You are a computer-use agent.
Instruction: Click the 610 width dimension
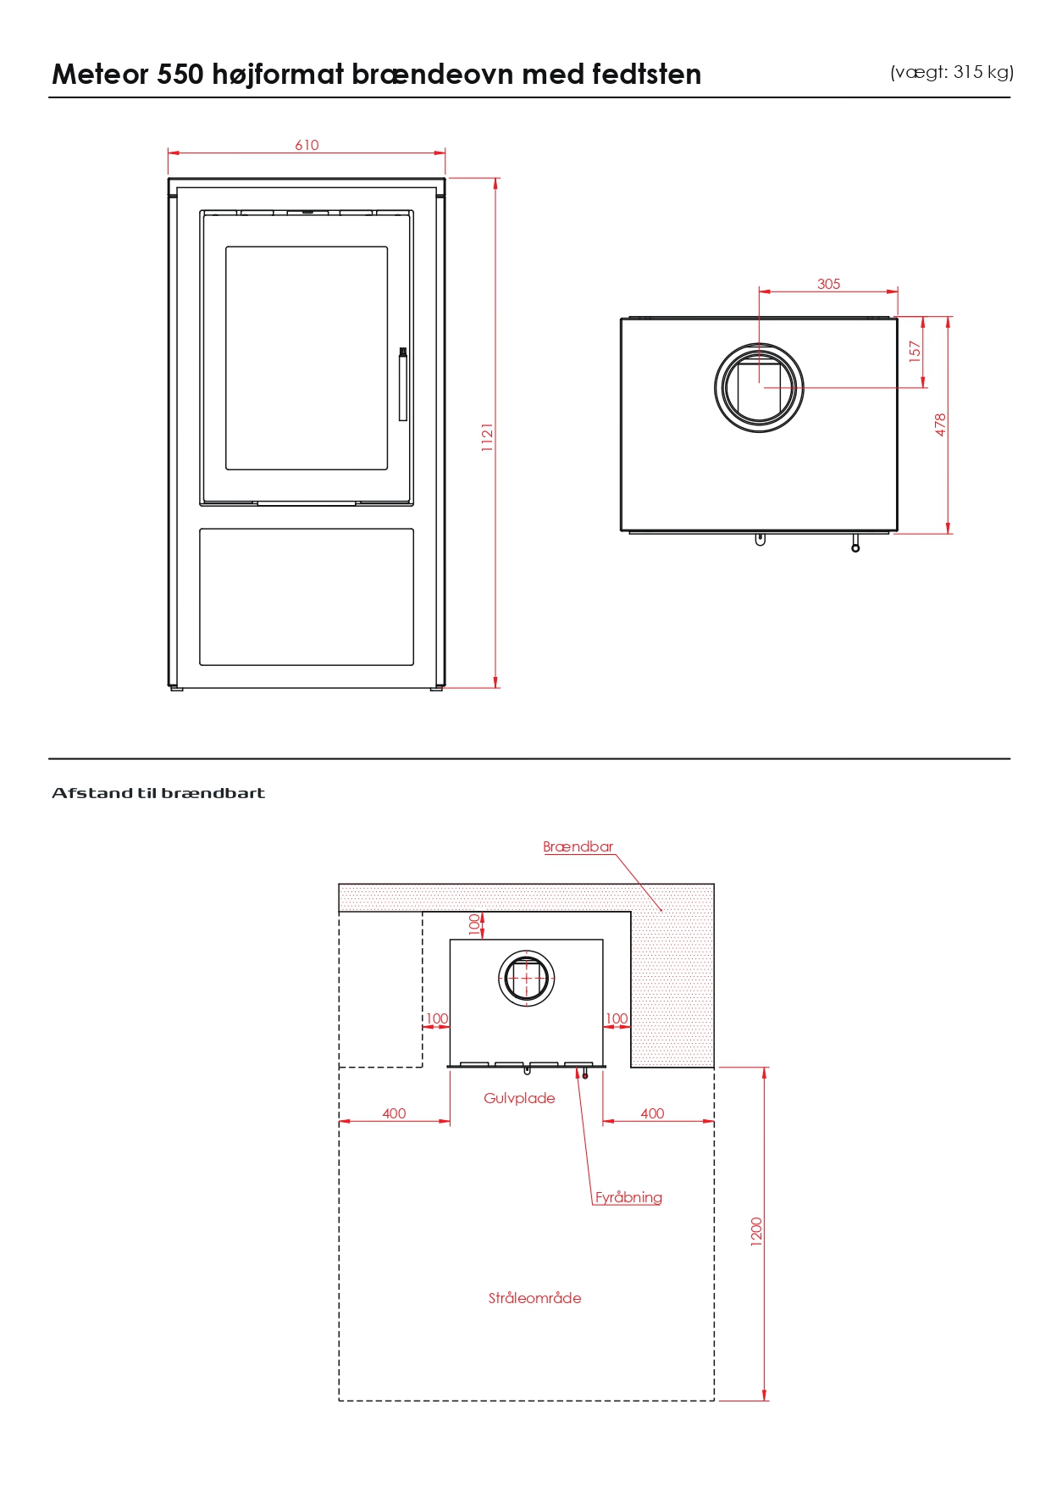[x=307, y=145]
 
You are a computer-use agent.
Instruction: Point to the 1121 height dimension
[x=487, y=437]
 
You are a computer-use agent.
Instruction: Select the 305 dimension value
[x=828, y=284]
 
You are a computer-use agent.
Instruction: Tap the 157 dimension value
[x=914, y=352]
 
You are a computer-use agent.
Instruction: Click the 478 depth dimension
[x=940, y=424]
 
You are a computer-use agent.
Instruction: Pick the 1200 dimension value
[x=756, y=1231]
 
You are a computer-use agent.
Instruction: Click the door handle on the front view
[x=403, y=384]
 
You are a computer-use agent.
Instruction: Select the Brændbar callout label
[x=578, y=846]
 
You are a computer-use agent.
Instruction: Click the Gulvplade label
[x=519, y=1098]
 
